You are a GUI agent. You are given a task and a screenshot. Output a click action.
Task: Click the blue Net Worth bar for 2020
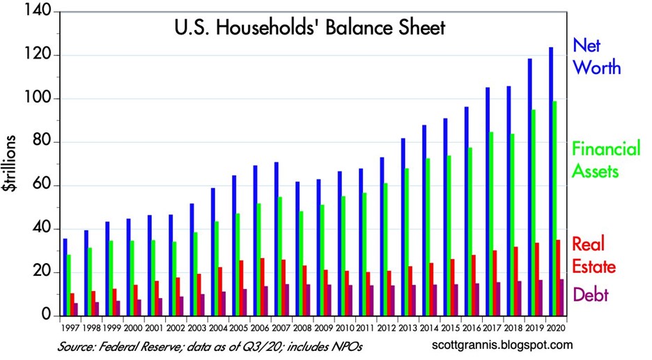pos(552,181)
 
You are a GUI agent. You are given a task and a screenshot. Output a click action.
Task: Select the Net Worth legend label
pos(596,57)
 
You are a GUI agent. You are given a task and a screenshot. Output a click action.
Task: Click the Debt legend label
pos(591,295)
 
